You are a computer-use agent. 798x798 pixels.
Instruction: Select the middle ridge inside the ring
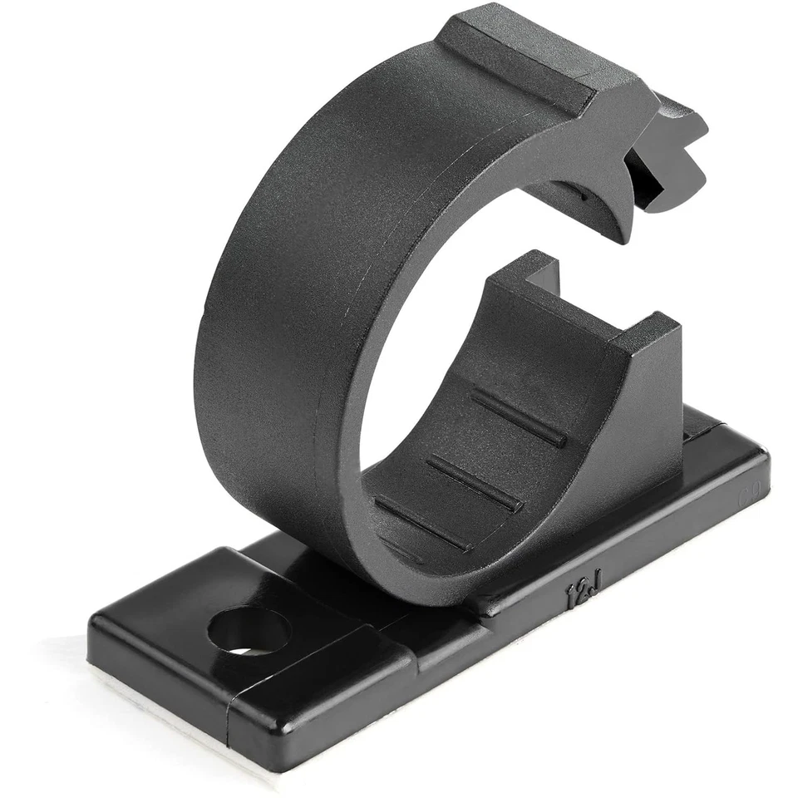coord(474,481)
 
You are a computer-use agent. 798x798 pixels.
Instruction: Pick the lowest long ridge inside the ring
coord(423,522)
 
